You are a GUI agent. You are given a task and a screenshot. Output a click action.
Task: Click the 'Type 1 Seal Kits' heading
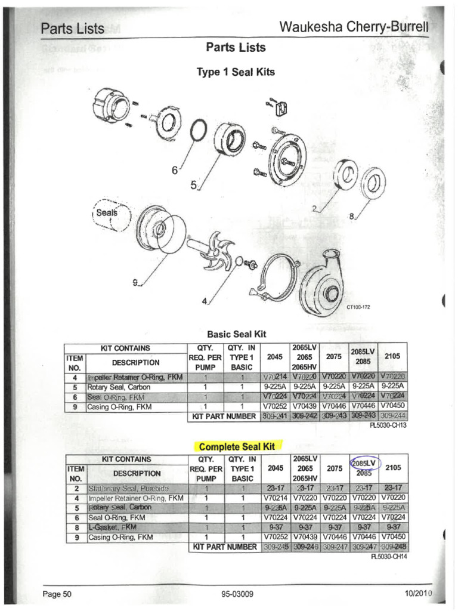point(236,72)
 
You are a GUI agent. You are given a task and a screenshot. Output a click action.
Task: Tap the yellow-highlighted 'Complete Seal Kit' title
point(236,446)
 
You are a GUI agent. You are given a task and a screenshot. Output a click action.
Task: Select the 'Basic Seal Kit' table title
point(236,334)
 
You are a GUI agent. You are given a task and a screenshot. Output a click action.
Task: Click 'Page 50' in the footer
point(57,594)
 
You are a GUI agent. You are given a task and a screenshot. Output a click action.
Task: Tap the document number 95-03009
point(237,594)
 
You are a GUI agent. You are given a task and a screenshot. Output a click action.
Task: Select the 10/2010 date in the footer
point(417,594)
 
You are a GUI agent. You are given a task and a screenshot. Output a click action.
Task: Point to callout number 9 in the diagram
point(135,283)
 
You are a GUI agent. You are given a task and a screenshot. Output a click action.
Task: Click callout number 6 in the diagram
point(175,171)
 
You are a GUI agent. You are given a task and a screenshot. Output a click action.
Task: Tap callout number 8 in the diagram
point(352,217)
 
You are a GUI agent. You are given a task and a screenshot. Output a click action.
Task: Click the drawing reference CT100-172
point(359,307)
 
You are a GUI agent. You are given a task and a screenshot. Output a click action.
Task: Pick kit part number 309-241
point(275,416)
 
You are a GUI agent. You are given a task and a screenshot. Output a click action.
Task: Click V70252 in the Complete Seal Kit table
point(275,536)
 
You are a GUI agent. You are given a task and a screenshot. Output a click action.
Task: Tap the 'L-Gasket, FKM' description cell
point(112,527)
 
